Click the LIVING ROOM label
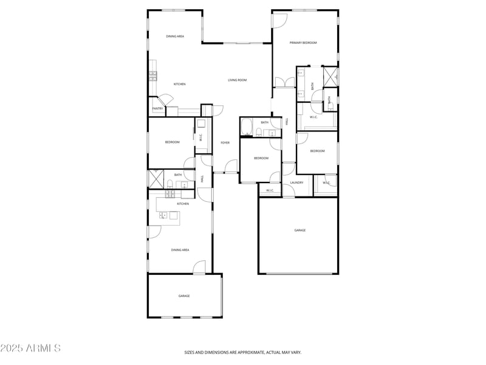point(237,80)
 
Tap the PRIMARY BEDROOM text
point(303,43)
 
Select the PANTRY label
point(157,109)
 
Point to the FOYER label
point(225,142)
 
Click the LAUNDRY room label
point(296,182)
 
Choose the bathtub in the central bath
point(247,128)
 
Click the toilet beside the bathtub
point(259,132)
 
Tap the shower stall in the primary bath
point(330,75)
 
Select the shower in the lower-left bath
point(152,178)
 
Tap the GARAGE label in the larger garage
point(299,231)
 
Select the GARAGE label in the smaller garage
point(184,296)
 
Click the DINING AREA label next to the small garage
point(180,250)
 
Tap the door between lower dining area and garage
point(199,268)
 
